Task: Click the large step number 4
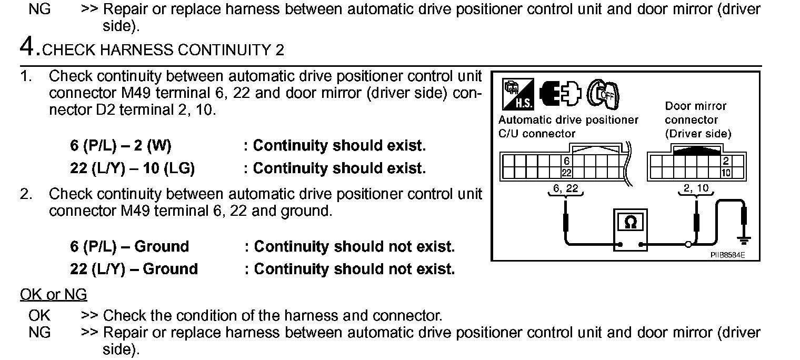[x=27, y=47]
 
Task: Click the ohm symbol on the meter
[x=631, y=223]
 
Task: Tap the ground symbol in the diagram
[x=744, y=241]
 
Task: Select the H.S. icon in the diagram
[x=518, y=94]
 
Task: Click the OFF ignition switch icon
[x=604, y=94]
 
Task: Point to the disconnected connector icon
[x=560, y=94]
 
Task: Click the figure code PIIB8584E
[x=727, y=255]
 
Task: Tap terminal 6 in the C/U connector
[x=566, y=161]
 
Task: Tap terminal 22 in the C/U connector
[x=566, y=173]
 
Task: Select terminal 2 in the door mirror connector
[x=726, y=161]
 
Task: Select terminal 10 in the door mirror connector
[x=726, y=173]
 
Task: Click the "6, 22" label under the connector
[x=565, y=188]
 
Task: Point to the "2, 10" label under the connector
[x=696, y=188]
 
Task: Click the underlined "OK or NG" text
[x=54, y=295]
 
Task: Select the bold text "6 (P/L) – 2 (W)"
[x=121, y=146]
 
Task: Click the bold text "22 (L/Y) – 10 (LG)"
[x=133, y=168]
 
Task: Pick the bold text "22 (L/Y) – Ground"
[x=134, y=269]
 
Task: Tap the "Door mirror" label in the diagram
[x=695, y=106]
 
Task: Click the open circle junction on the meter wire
[x=688, y=245]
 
